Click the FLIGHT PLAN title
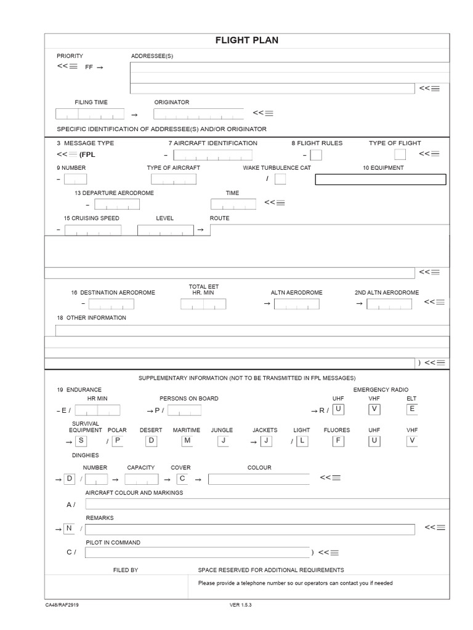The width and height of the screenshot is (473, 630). (x=246, y=41)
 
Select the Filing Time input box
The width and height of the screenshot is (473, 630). (x=89, y=114)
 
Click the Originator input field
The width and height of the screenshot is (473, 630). (x=198, y=114)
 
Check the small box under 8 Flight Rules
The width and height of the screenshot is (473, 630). (x=315, y=155)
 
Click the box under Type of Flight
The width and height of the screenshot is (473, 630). (x=400, y=154)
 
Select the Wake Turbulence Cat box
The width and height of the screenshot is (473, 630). (x=280, y=179)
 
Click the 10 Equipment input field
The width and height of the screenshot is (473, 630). (x=380, y=180)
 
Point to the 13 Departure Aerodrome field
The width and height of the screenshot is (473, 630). (x=117, y=204)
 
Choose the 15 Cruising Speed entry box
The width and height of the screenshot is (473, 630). (x=93, y=230)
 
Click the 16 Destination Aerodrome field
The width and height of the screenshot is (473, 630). (x=111, y=304)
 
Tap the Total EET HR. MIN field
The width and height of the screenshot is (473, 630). (x=203, y=304)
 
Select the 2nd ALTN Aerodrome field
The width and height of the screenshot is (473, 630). (x=389, y=304)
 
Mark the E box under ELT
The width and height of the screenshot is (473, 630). (x=412, y=409)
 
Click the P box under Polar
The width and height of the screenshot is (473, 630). (x=118, y=441)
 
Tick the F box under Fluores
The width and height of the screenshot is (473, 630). (x=338, y=441)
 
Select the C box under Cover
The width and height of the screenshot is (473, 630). (x=182, y=479)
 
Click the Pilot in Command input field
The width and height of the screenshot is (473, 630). (x=197, y=552)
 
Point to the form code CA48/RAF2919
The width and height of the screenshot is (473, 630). (x=62, y=605)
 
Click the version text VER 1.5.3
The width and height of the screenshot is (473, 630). (x=241, y=605)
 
